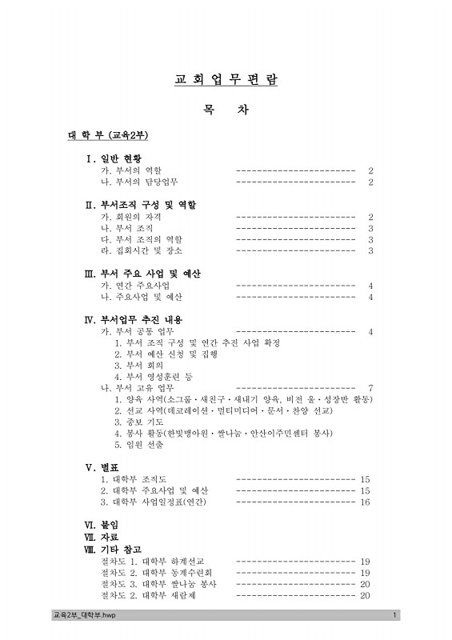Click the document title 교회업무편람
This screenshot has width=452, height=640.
(226, 81)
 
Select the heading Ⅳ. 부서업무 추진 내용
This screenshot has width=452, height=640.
(139, 319)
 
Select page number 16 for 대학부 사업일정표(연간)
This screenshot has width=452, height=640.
(366, 502)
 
